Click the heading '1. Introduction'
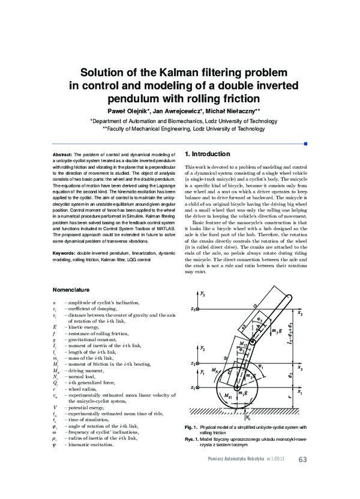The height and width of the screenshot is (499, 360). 208,154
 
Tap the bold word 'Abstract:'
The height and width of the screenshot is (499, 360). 62,154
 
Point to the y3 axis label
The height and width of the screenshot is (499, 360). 203,295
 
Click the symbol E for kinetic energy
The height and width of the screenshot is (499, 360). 55,326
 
